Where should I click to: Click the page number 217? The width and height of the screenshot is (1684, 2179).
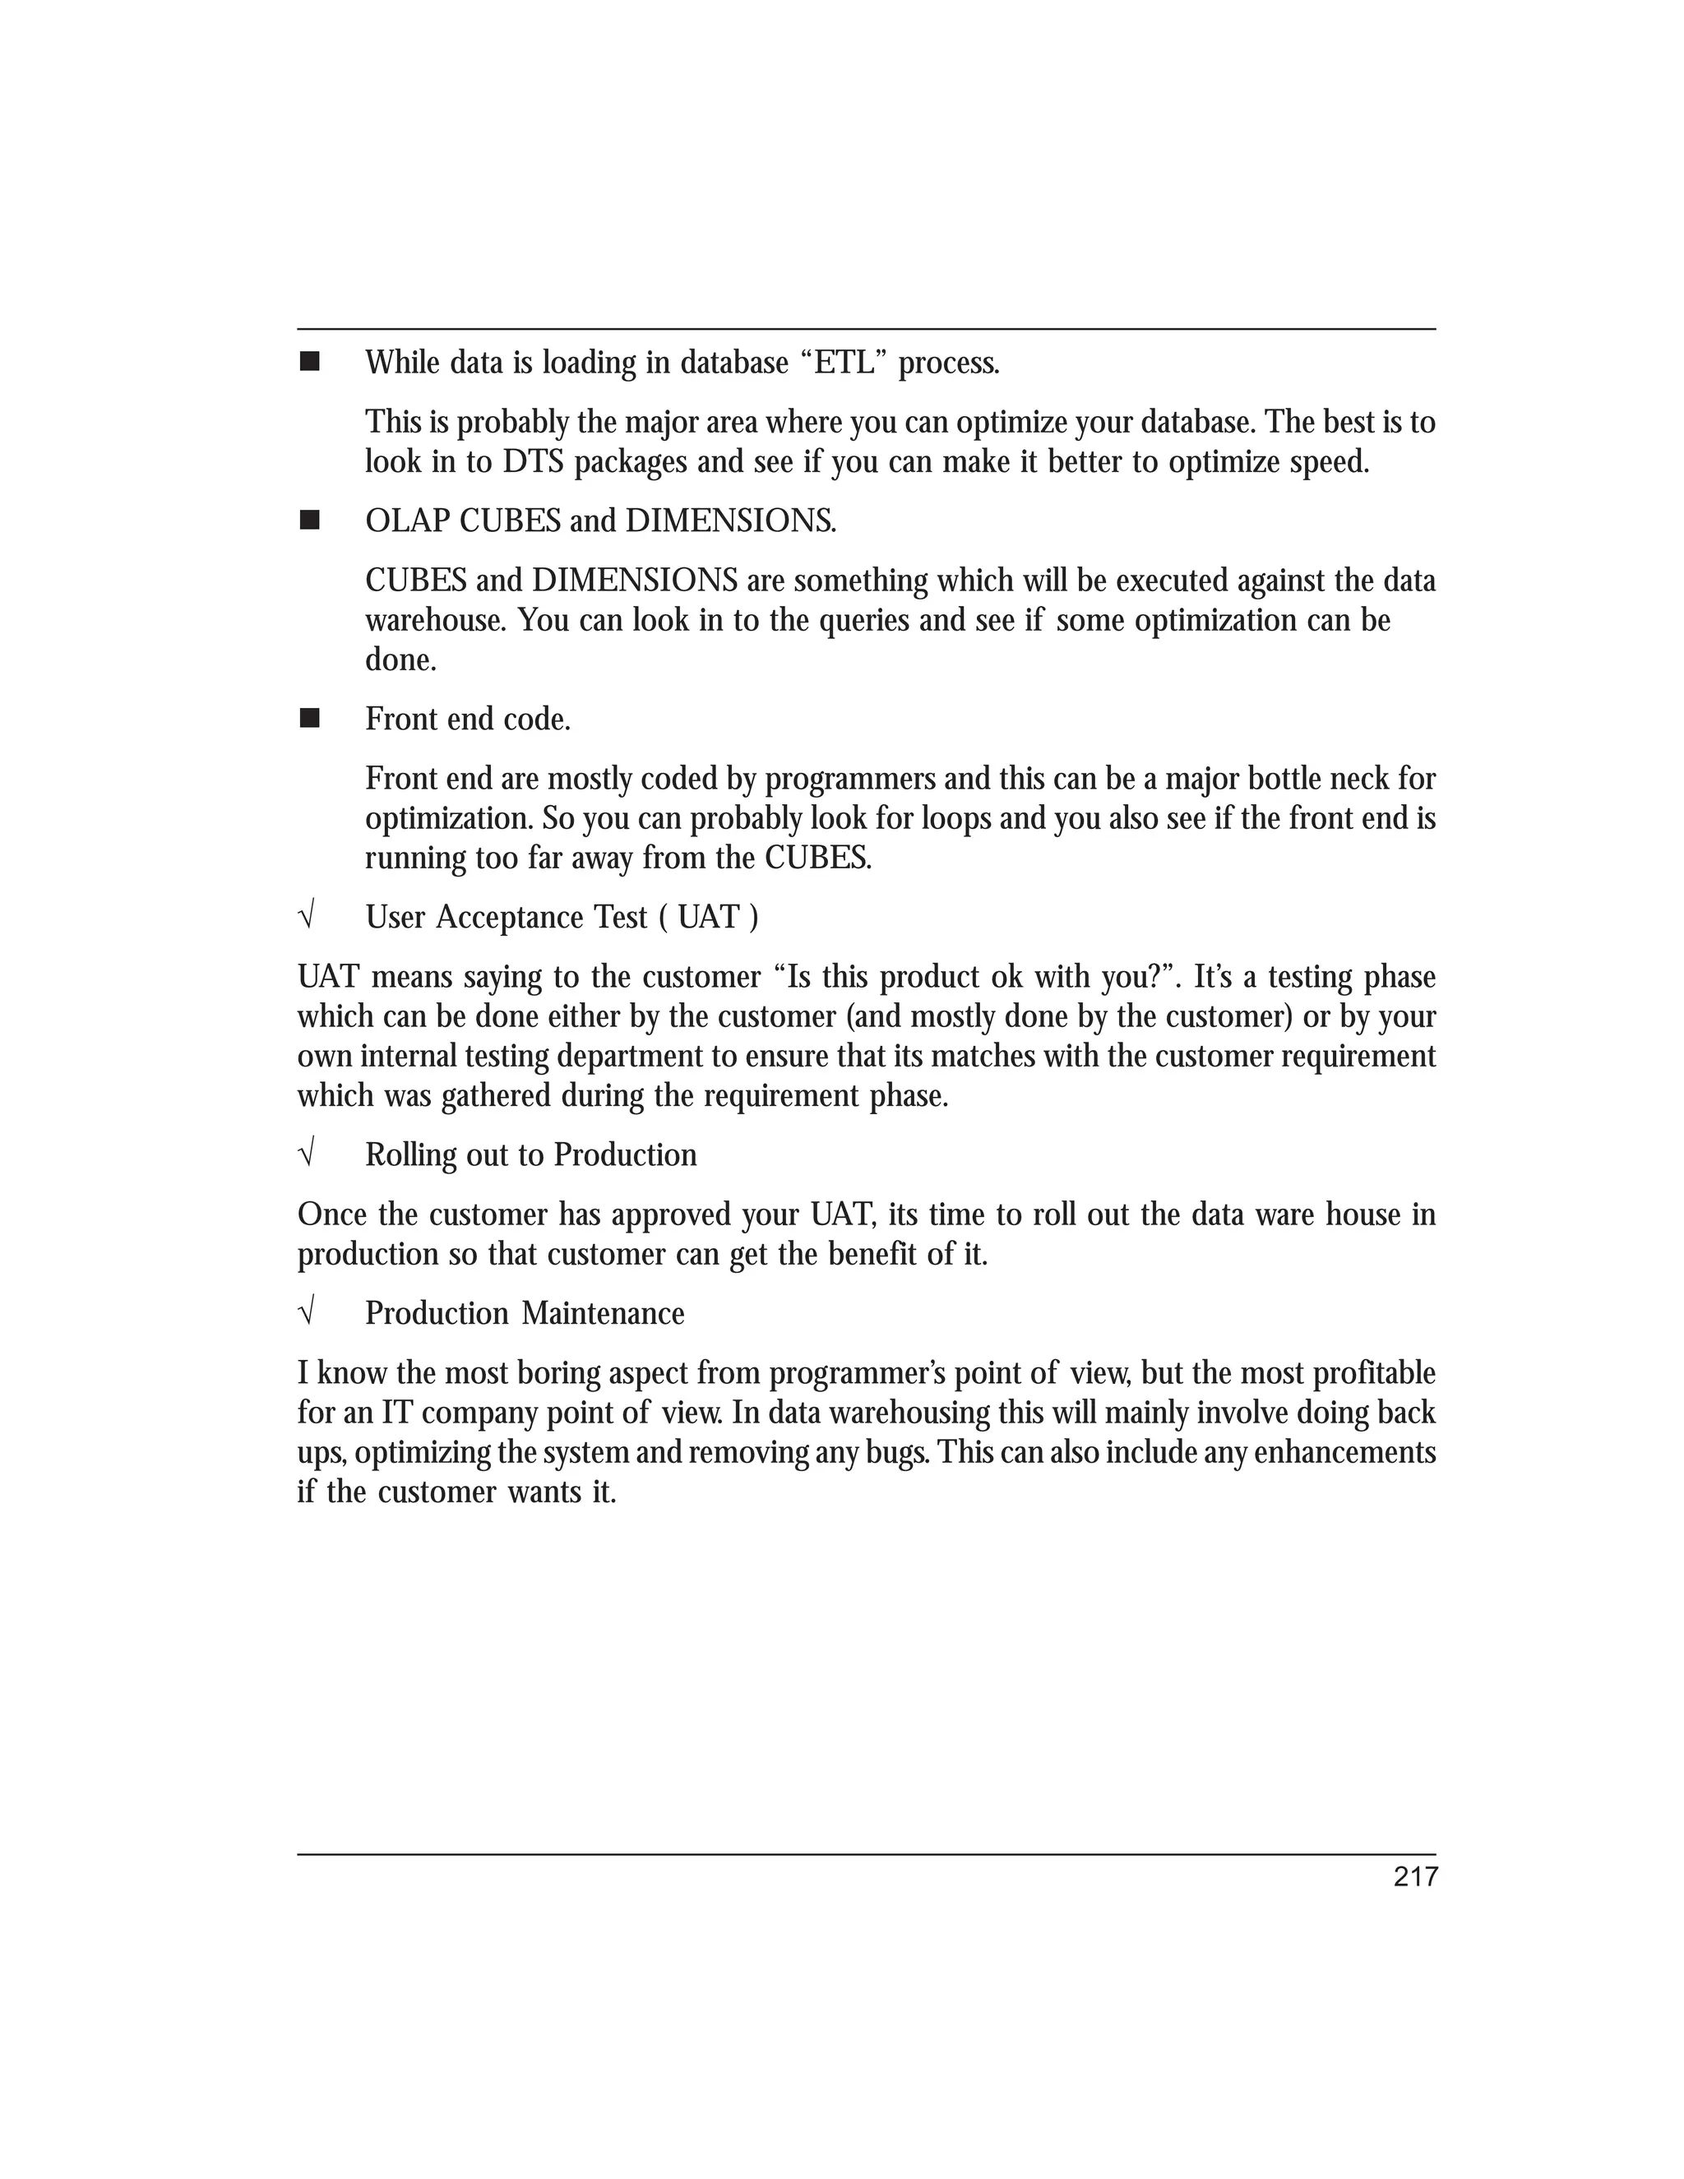click(1414, 1876)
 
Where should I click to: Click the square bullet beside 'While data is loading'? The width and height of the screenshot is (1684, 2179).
click(309, 361)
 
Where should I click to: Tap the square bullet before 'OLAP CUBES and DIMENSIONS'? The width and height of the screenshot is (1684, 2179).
click(309, 520)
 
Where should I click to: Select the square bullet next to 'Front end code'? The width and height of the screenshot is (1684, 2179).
click(309, 719)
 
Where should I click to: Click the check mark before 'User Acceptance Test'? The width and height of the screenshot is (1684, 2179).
click(306, 916)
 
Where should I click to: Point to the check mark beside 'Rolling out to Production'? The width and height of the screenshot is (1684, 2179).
click(306, 1154)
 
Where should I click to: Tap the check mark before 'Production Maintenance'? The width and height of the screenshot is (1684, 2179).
click(306, 1312)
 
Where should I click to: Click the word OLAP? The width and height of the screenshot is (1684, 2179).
click(407, 520)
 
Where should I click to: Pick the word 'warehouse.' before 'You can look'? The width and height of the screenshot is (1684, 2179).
click(436, 621)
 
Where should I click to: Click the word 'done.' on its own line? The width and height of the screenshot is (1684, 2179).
click(401, 659)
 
